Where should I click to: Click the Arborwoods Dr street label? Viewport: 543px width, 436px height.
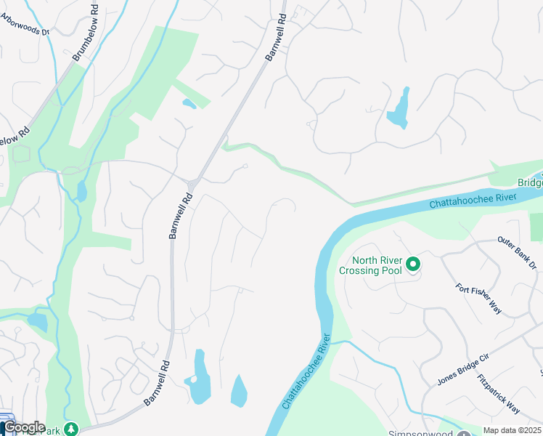point(25,31)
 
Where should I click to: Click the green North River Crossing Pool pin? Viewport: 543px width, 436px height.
point(413,264)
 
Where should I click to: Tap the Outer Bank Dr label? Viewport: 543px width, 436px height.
point(516,251)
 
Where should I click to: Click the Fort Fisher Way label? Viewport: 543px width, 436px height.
point(479,298)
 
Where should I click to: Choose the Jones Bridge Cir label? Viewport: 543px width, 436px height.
point(465,368)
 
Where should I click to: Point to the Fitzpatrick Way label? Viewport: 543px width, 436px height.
point(499,394)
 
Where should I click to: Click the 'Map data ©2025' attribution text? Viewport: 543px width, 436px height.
point(513,430)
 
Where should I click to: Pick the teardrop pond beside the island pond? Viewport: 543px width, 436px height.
point(239,392)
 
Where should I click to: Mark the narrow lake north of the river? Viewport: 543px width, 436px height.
point(399,109)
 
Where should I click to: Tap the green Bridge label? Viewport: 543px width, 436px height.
point(530,183)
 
